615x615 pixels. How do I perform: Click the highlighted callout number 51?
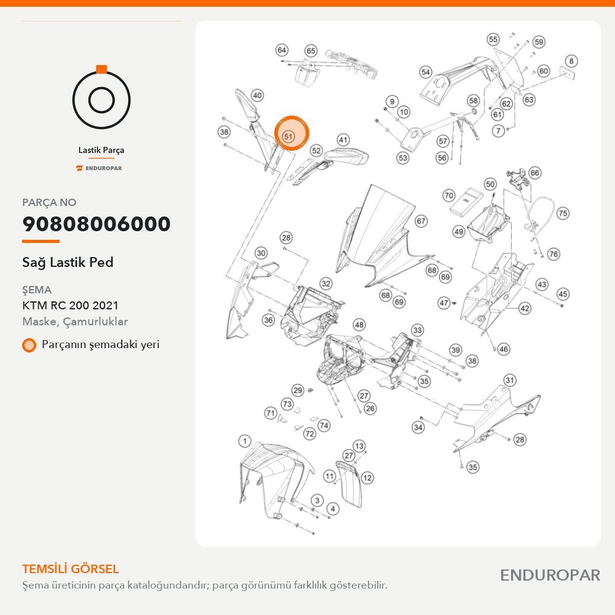click(x=288, y=136)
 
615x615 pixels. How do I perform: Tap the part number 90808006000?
click(x=97, y=224)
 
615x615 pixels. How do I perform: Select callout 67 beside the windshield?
click(x=421, y=221)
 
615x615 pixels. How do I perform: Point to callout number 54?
click(x=426, y=72)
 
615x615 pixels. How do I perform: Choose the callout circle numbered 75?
click(x=563, y=213)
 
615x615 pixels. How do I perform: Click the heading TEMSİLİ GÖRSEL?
click(x=71, y=569)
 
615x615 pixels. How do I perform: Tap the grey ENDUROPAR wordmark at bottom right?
click(x=550, y=575)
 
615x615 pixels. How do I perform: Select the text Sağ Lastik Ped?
click(x=68, y=262)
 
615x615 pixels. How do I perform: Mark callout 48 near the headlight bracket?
click(x=359, y=324)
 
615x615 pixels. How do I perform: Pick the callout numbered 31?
click(x=509, y=380)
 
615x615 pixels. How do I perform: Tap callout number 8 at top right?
click(x=571, y=61)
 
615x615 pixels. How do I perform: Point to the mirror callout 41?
click(x=343, y=140)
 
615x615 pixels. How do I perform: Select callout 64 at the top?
click(x=282, y=50)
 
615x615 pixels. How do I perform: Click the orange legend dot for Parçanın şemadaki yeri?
click(x=29, y=345)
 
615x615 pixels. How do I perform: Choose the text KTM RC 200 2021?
click(x=70, y=305)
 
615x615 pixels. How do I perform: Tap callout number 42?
click(x=525, y=308)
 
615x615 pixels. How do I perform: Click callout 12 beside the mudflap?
click(x=367, y=477)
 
